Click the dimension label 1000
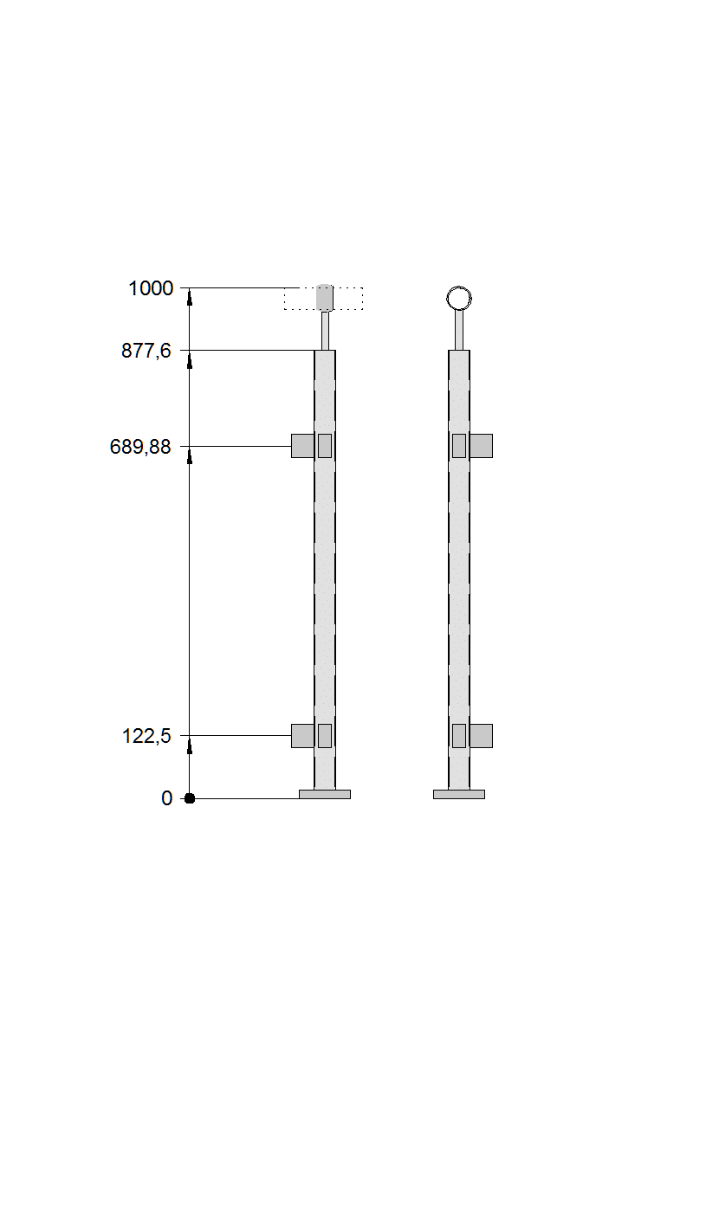(151, 288)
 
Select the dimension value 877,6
(146, 351)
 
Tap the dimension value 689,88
(140, 447)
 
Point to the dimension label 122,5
(146, 736)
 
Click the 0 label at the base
(167, 798)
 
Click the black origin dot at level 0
(189, 798)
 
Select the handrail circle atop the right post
(459, 298)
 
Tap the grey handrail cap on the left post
(325, 298)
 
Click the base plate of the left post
(325, 794)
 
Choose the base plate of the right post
(459, 794)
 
